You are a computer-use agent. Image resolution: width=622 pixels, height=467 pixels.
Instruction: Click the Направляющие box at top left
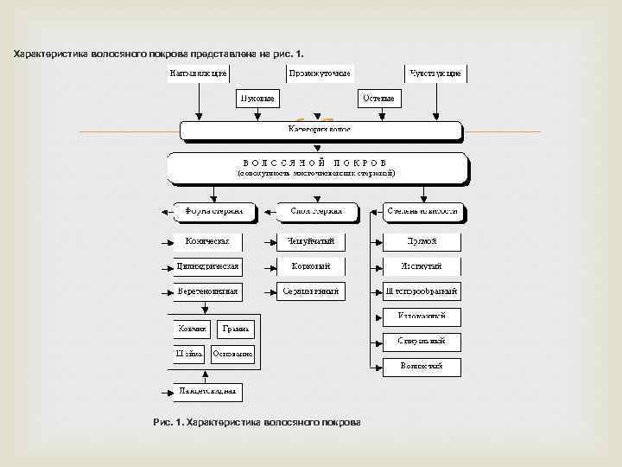198,74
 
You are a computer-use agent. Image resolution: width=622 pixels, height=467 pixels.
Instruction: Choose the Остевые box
378,99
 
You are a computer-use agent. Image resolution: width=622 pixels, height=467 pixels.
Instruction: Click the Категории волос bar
320,129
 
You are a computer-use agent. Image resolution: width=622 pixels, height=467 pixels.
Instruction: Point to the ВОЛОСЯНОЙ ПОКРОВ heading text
319,162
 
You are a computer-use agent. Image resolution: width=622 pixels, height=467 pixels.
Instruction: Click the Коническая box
207,240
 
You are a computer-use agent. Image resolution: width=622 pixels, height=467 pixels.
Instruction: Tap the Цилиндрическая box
207,265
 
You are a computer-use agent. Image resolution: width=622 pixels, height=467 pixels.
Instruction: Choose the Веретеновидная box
207,291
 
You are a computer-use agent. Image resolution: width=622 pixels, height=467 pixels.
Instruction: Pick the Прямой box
422,240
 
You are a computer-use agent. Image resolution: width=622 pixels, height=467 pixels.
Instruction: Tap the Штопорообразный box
422,291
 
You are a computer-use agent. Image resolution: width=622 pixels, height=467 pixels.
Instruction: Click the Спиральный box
422,342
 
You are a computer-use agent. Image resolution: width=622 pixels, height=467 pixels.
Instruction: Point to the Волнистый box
422,367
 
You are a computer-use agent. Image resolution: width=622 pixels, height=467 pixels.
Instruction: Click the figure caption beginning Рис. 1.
256,422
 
